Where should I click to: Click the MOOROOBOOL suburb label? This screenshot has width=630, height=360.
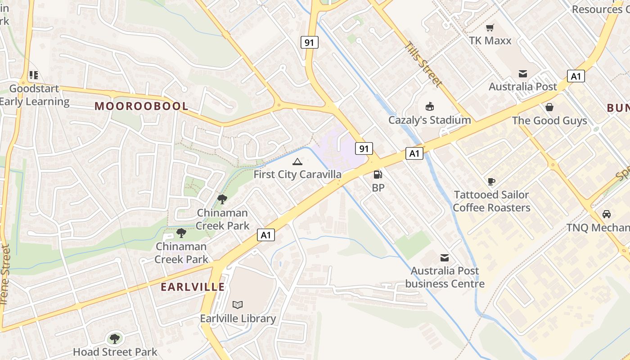(141, 106)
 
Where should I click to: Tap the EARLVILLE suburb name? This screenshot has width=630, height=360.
(193, 287)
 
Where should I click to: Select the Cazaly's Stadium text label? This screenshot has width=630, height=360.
(430, 120)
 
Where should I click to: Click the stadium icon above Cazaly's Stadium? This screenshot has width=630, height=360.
(429, 107)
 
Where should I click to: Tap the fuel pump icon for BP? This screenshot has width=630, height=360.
(378, 174)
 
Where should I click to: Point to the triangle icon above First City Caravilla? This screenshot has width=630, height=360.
(297, 162)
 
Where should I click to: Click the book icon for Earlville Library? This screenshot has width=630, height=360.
(238, 305)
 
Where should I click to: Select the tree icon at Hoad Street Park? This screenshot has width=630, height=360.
(115, 338)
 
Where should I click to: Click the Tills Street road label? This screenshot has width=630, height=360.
(423, 64)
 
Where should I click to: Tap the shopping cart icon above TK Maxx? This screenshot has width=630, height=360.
(490, 27)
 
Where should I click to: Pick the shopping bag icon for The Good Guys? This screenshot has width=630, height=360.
(549, 107)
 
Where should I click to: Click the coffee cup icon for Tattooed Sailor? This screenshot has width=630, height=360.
(491, 181)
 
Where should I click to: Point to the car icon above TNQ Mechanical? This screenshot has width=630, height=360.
(607, 214)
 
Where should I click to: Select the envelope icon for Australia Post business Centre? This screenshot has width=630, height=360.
(445, 257)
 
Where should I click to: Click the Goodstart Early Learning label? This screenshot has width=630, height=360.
(34, 95)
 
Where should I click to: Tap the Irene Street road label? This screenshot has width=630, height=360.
(5, 274)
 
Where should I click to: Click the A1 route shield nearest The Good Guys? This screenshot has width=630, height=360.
(576, 76)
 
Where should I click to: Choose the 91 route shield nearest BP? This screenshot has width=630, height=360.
(364, 148)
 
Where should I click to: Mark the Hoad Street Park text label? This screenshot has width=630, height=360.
(115, 352)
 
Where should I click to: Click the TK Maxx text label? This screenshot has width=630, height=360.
(490, 40)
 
